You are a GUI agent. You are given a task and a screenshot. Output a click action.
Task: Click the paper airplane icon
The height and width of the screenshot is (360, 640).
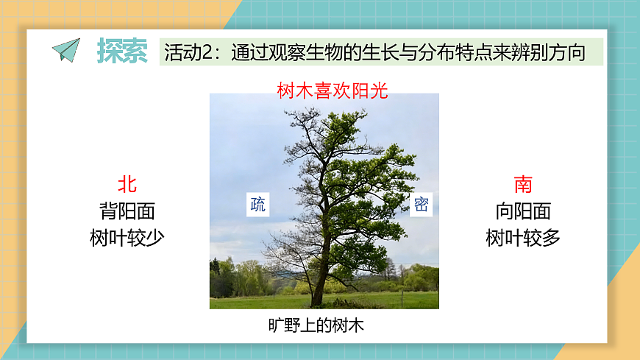click(66, 50)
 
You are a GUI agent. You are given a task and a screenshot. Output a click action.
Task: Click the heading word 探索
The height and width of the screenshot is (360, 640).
click(122, 51)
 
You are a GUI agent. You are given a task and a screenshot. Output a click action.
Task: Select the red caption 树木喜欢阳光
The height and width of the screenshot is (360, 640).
click(332, 91)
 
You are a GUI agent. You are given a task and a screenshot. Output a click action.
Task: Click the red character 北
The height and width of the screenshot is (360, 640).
click(127, 184)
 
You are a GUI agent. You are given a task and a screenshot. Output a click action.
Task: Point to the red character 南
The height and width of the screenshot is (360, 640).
click(523, 184)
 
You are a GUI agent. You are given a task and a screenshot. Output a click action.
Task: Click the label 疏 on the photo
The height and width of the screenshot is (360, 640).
click(257, 204)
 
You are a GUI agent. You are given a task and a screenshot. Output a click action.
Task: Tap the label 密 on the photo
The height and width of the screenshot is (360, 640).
click(421, 204)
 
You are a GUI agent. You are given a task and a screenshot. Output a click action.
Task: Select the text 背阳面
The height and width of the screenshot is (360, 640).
click(127, 211)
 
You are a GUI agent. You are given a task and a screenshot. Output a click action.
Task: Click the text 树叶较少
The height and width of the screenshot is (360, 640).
click(127, 238)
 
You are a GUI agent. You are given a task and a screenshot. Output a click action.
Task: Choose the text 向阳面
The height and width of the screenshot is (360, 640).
click(523, 211)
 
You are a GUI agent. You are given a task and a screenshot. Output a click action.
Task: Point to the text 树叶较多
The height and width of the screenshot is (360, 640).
click(523, 238)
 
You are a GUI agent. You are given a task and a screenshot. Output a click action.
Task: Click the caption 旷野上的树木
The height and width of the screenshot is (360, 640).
click(316, 325)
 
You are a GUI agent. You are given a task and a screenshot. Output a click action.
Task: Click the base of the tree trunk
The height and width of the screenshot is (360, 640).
click(317, 302)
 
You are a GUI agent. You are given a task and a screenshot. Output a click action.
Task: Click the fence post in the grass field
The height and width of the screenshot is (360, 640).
click(402, 298)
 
